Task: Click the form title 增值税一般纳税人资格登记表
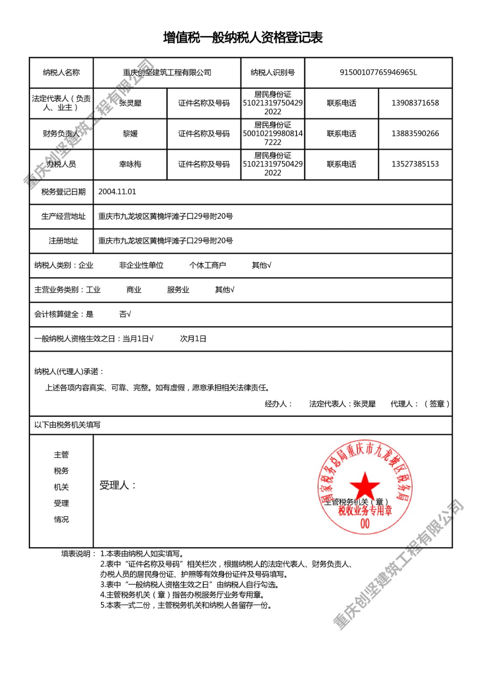(x=243, y=38)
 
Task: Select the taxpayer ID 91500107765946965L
(x=378, y=73)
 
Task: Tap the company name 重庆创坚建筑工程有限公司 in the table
(x=167, y=73)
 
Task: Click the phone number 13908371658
(x=415, y=103)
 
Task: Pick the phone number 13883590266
(x=415, y=134)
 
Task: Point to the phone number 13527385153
(x=415, y=164)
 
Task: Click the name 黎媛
(x=130, y=134)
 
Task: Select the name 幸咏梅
(x=130, y=164)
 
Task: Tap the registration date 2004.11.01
(x=117, y=192)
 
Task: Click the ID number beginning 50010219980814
(x=272, y=134)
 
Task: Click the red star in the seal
(x=365, y=485)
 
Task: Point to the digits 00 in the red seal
(x=365, y=523)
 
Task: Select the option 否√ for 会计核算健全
(x=125, y=314)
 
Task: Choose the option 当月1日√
(x=138, y=339)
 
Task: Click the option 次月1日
(x=193, y=339)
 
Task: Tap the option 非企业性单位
(x=141, y=265)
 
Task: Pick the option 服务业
(x=178, y=290)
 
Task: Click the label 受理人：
(x=118, y=486)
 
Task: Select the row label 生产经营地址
(x=63, y=216)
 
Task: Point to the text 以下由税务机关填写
(x=67, y=425)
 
